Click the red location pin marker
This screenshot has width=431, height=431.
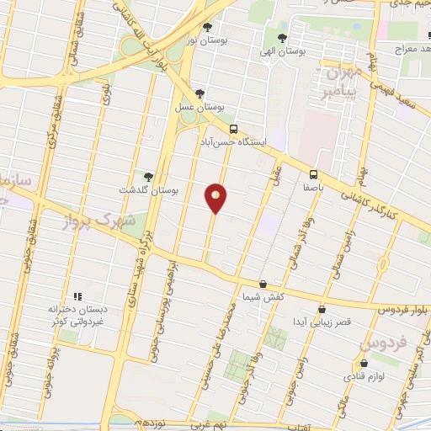pos(216,198)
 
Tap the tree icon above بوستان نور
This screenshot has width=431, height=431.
pos(207,28)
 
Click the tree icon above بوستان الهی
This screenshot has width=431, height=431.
pos(282,37)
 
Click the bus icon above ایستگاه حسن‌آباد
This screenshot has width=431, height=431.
pos(232,129)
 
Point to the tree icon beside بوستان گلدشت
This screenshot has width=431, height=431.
pos(148,177)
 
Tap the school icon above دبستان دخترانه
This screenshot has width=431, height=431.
pos(78,296)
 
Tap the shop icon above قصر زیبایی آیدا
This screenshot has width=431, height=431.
pos(322,309)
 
